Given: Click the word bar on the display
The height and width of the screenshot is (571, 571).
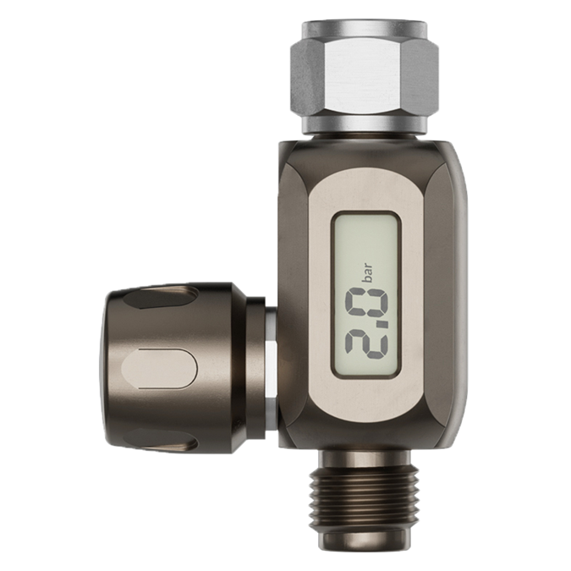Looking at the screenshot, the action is [x=368, y=273].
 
